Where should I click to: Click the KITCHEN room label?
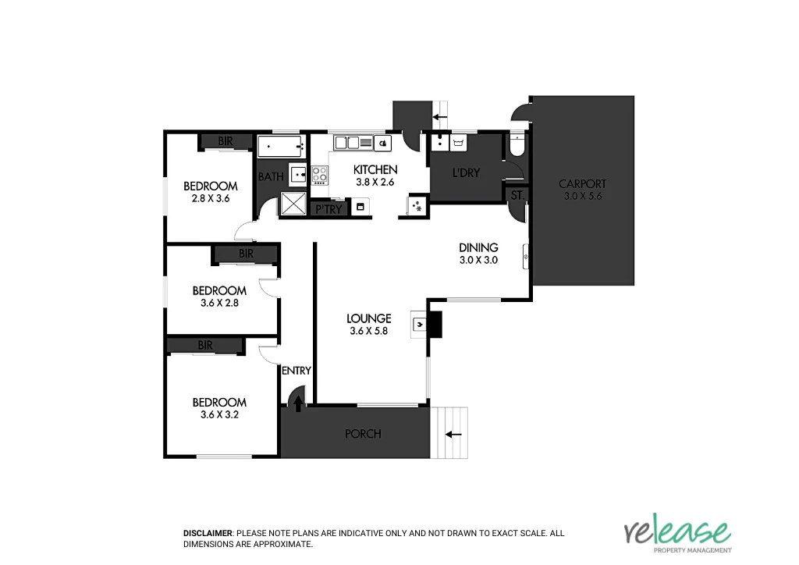point(375,170)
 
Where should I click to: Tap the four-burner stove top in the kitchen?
point(320,175)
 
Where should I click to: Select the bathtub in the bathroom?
point(280,145)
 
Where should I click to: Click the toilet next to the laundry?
point(516,146)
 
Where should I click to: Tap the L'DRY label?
point(466,173)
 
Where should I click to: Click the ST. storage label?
point(516,196)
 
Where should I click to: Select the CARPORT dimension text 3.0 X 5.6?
point(582,196)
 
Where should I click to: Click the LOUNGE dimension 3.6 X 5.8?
point(369,330)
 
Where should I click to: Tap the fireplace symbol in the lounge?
point(421,324)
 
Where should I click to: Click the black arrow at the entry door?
point(297,402)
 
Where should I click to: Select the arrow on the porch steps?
point(453,434)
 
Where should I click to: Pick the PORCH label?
point(363,434)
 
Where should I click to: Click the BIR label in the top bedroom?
point(225,141)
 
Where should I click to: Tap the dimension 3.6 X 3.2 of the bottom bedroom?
point(219,415)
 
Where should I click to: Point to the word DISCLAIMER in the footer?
point(208,533)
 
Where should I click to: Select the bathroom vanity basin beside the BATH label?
point(297,174)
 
